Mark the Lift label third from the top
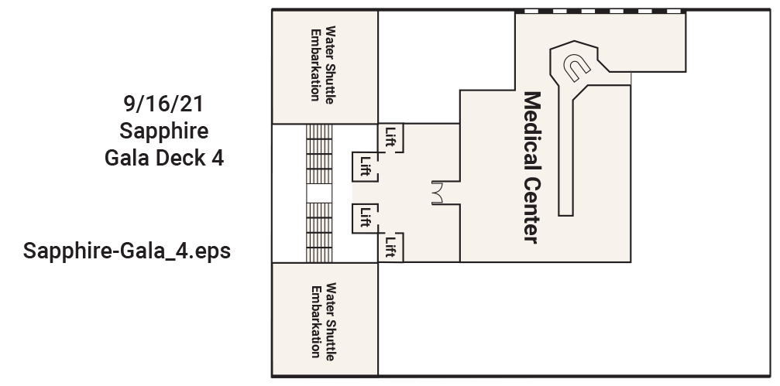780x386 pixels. (x=365, y=217)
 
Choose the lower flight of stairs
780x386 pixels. (x=318, y=231)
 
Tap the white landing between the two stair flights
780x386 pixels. (x=318, y=193)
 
